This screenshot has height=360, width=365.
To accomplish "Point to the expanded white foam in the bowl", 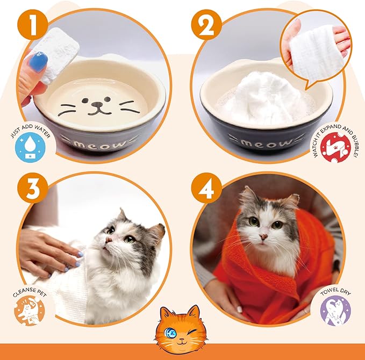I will [x=263, y=99].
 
